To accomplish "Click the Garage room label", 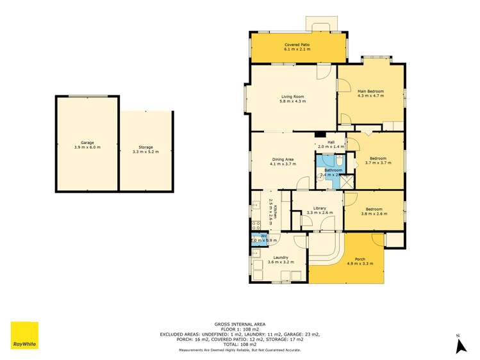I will [x=87, y=142].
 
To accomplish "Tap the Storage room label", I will [x=145, y=147].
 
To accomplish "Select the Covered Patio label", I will [x=297, y=44].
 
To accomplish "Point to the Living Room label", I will [x=292, y=97].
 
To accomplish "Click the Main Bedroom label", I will [x=370, y=92].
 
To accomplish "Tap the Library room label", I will [x=319, y=208].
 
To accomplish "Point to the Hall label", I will [x=331, y=142].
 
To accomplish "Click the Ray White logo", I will [x=24, y=336].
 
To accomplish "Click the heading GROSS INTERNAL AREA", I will [x=240, y=325].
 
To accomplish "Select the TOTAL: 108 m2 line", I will [x=240, y=345].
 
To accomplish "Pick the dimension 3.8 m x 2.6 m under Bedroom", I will [x=374, y=213].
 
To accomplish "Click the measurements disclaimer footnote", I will [x=240, y=350].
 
